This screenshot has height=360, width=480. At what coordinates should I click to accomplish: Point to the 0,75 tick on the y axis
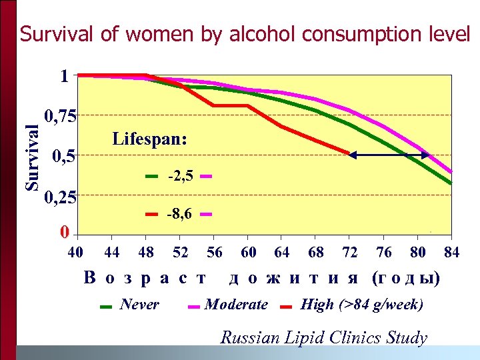click(x=60, y=117)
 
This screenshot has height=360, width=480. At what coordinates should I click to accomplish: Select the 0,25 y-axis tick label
click(x=60, y=198)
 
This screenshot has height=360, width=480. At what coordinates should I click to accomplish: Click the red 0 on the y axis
click(x=64, y=233)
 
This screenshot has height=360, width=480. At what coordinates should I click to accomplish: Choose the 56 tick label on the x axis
click(x=215, y=252)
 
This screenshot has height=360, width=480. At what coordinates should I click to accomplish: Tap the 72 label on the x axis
click(x=349, y=252)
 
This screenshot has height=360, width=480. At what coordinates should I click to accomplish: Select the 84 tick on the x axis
click(x=452, y=252)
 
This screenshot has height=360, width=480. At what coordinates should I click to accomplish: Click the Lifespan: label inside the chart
click(x=150, y=140)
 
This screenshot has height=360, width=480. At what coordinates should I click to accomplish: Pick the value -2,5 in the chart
click(x=181, y=177)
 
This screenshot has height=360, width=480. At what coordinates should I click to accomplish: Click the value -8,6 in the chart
click(x=181, y=215)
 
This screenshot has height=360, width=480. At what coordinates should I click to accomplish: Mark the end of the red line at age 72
click(x=349, y=153)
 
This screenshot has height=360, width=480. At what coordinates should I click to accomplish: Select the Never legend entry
click(x=139, y=305)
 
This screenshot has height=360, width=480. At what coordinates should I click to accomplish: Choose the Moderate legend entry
click(x=236, y=305)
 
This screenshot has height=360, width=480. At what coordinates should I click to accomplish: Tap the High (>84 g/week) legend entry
click(x=361, y=305)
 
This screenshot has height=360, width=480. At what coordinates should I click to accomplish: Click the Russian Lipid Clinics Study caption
click(x=323, y=337)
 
